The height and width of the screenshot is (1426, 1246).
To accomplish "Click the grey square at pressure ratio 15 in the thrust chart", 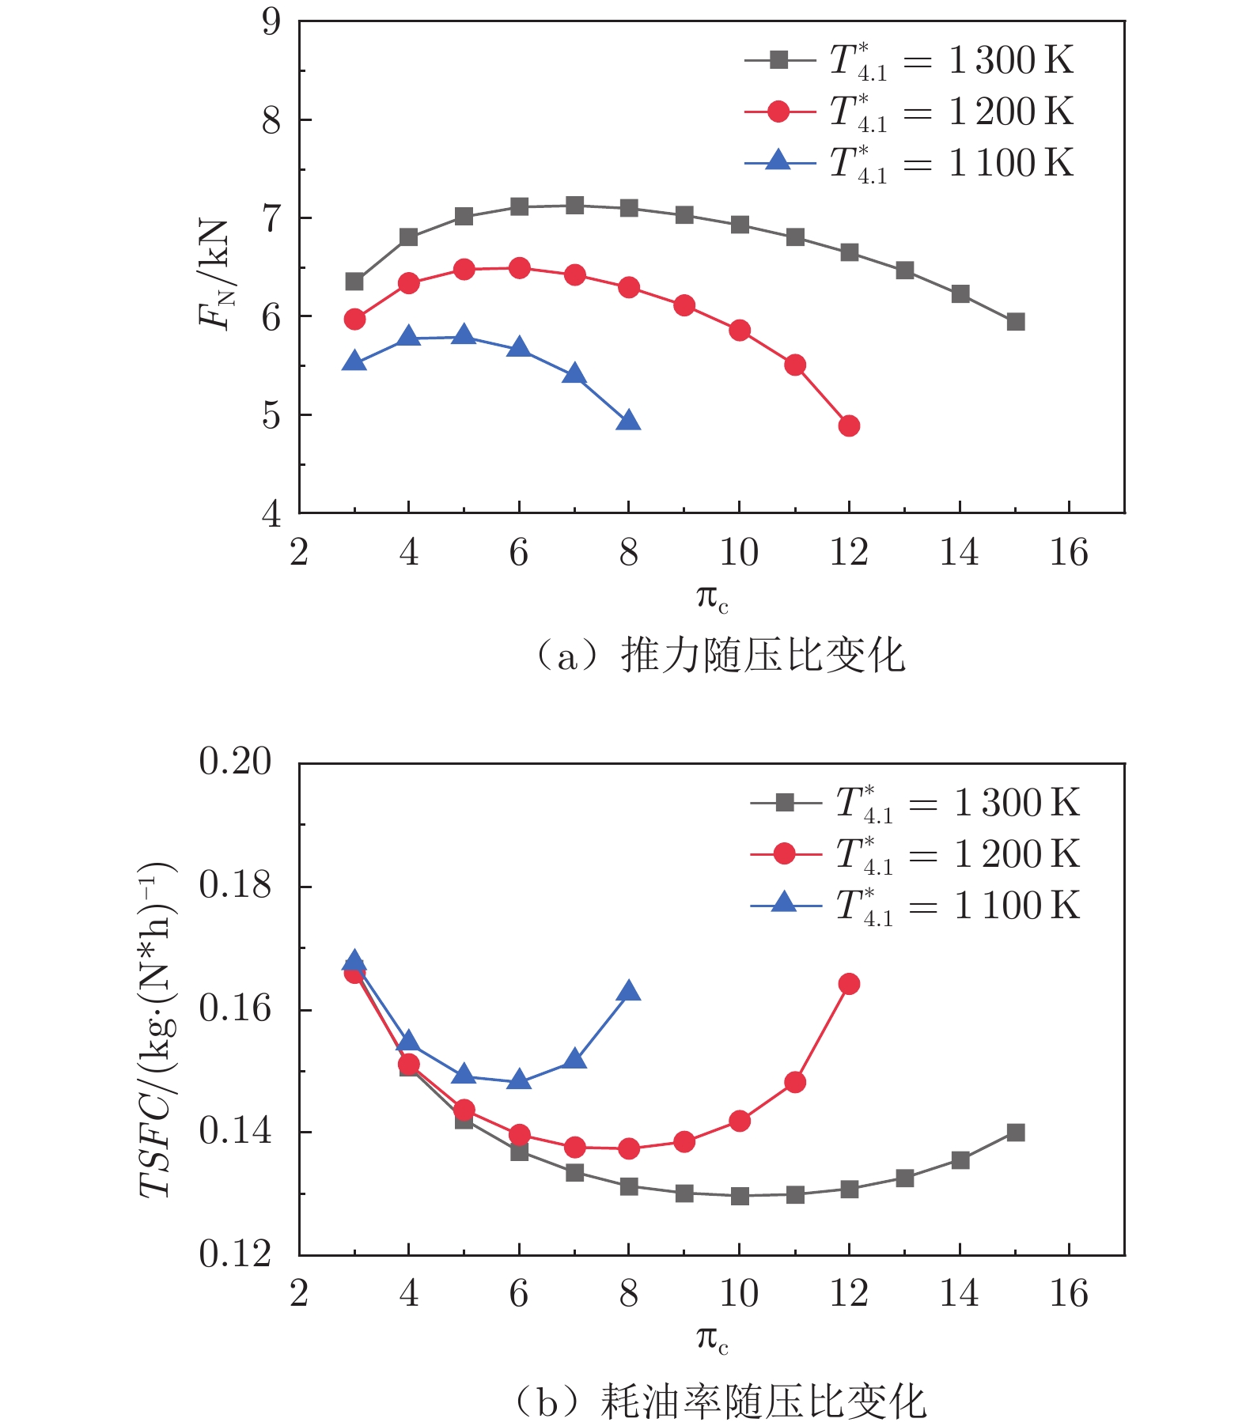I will coord(1016,322).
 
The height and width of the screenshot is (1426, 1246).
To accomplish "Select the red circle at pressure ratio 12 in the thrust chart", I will coord(849,426).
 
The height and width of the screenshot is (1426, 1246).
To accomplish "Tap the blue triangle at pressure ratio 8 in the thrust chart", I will coord(628,421).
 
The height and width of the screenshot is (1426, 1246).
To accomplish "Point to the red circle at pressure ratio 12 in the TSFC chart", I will coord(849,984).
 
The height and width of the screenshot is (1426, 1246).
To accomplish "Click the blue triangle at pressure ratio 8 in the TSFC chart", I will coord(629,992).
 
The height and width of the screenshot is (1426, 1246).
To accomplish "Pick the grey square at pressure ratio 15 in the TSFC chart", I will coord(1016,1133).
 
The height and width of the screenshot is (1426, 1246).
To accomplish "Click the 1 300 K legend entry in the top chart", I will coord(910,61).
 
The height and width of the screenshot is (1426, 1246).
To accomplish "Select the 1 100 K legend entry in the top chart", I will coord(910,164).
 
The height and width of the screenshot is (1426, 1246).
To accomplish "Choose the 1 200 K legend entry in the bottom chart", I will coord(915,855).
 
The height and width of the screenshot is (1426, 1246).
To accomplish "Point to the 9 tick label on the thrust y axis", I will coord(271,22).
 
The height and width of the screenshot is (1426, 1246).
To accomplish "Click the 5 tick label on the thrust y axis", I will coord(271,414).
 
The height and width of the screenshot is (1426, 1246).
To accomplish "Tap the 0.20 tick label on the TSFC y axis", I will coord(235,762).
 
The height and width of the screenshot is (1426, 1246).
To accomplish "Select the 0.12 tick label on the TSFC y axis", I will coord(235,1254).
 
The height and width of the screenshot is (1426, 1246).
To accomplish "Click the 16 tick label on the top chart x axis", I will coord(1069,552).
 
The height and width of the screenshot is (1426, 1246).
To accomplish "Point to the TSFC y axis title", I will coord(157,1028).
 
